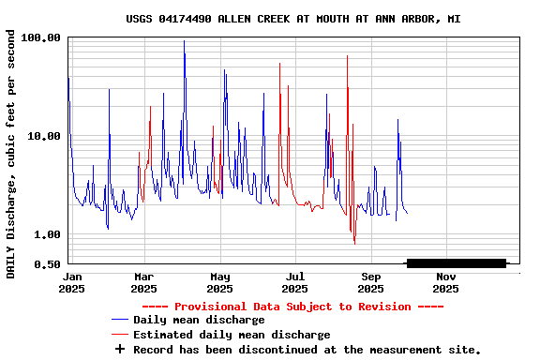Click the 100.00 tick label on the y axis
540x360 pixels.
[40, 37]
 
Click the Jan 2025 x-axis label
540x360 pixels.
[72, 282]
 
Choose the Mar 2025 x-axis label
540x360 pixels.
[143, 282]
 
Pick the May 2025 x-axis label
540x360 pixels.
[219, 282]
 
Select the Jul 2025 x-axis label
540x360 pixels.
[294, 282]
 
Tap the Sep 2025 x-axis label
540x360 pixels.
[370, 282]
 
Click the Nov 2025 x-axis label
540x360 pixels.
[445, 282]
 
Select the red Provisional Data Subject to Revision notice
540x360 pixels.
[293, 307]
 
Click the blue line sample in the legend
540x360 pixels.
[119, 320]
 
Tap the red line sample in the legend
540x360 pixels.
[119, 335]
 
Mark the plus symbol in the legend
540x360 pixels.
[119, 349]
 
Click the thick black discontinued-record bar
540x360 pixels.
[456, 262]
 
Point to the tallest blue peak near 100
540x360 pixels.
[184, 42]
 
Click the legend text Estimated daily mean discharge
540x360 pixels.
[232, 335]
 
